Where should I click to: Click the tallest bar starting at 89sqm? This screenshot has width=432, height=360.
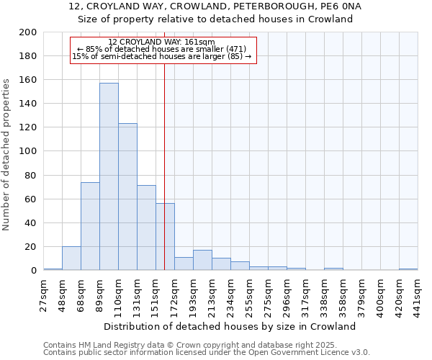point(109,176)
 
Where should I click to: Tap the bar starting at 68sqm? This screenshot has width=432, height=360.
point(90,226)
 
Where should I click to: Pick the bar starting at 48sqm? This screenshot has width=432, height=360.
point(71,258)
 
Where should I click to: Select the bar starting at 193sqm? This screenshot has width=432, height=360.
point(202,260)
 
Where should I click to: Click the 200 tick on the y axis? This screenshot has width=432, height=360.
point(29,32)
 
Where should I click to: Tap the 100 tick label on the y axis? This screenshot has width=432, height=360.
point(29,151)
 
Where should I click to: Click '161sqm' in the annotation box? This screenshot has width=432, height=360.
point(201,42)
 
